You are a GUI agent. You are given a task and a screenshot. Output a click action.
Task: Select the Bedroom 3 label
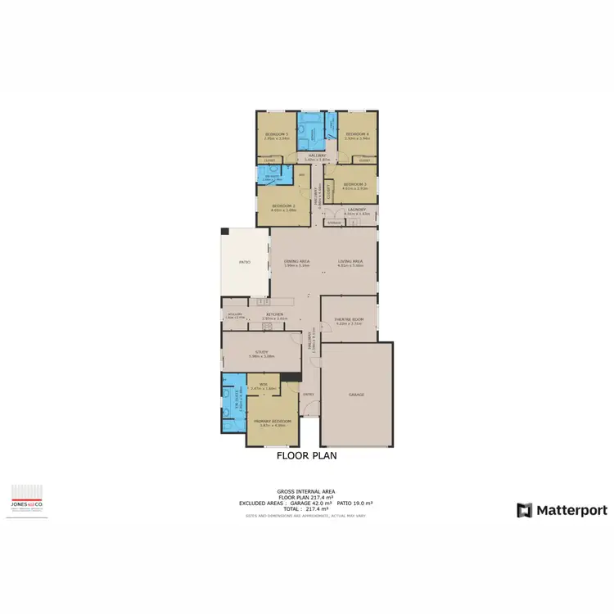[x=355, y=184]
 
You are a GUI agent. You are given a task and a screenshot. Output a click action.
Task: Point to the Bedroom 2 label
[x=283, y=205]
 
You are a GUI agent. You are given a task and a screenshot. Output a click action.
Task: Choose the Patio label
[x=243, y=262]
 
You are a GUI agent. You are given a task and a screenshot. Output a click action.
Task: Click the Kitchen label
[x=273, y=314]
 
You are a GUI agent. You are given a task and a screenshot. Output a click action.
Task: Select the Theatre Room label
[x=349, y=320]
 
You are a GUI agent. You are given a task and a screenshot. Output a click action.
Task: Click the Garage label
[x=356, y=395]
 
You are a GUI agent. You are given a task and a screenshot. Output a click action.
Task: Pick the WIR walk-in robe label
[x=264, y=386]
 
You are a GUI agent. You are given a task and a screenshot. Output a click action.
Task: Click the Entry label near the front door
[x=308, y=395]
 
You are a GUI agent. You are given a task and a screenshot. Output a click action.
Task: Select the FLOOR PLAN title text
[x=306, y=456]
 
